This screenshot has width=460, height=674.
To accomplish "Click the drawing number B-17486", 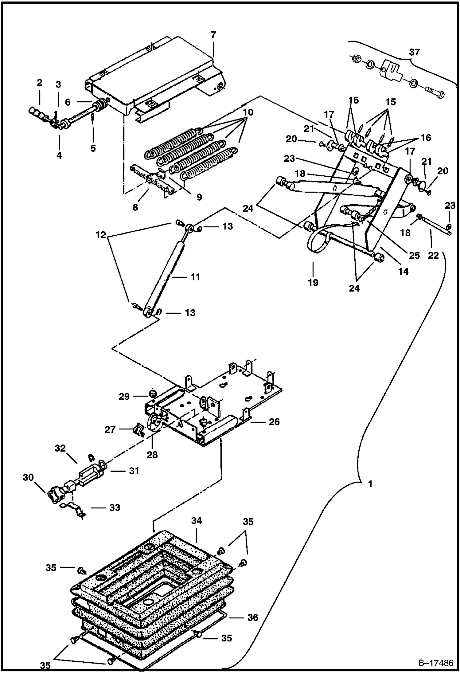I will [x=435, y=663].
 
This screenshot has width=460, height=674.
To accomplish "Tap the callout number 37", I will [x=414, y=52].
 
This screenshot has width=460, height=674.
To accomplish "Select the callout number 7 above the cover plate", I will [x=214, y=35].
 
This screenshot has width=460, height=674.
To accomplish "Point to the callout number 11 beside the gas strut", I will [x=195, y=277].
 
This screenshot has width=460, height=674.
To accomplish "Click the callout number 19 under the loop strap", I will [x=313, y=282].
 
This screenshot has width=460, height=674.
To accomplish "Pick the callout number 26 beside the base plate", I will [x=274, y=422].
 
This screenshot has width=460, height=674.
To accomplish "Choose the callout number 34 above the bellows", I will [x=197, y=521].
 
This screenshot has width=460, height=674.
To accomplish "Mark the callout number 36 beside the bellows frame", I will [x=253, y=617].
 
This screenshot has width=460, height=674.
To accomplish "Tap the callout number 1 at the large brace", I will [x=370, y=484].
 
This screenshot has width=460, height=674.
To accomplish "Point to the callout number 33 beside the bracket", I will [x=115, y=507].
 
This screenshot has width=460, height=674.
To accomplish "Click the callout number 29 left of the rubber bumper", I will [x=124, y=397].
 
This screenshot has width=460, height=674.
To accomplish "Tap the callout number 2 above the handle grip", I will [x=39, y=82].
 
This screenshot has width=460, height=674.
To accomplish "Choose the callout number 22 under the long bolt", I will [x=433, y=255].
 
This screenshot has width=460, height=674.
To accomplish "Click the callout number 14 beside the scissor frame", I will [x=403, y=271].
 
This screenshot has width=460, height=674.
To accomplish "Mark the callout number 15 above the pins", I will [x=391, y=102].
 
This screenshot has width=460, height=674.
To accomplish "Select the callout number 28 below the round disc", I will [x=152, y=454].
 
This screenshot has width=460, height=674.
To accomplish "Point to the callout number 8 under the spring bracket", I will [x=135, y=207].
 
